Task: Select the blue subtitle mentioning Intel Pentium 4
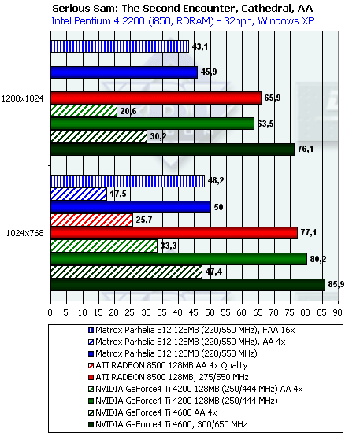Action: click(183, 21)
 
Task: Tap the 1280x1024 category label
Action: click(23, 98)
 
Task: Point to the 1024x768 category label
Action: click(25, 233)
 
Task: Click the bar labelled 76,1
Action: click(173, 150)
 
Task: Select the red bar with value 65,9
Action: click(156, 98)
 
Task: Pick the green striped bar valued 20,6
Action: click(84, 111)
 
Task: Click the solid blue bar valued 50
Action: click(131, 207)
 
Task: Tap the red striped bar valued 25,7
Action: click(91, 220)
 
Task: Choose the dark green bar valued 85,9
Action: click(188, 285)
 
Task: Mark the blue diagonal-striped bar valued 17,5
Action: click(79, 194)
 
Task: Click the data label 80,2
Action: click(318, 259)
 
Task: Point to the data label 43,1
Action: click(200, 46)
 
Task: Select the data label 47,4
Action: click(213, 272)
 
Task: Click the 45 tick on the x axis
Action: click(194, 312)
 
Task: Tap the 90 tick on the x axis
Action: click(337, 312)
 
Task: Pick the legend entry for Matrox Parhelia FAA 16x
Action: click(191, 330)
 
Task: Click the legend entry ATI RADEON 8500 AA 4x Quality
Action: click(168, 365)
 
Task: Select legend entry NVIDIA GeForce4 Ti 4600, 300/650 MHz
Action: click(167, 425)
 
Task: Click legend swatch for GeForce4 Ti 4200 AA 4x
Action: click(91, 390)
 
